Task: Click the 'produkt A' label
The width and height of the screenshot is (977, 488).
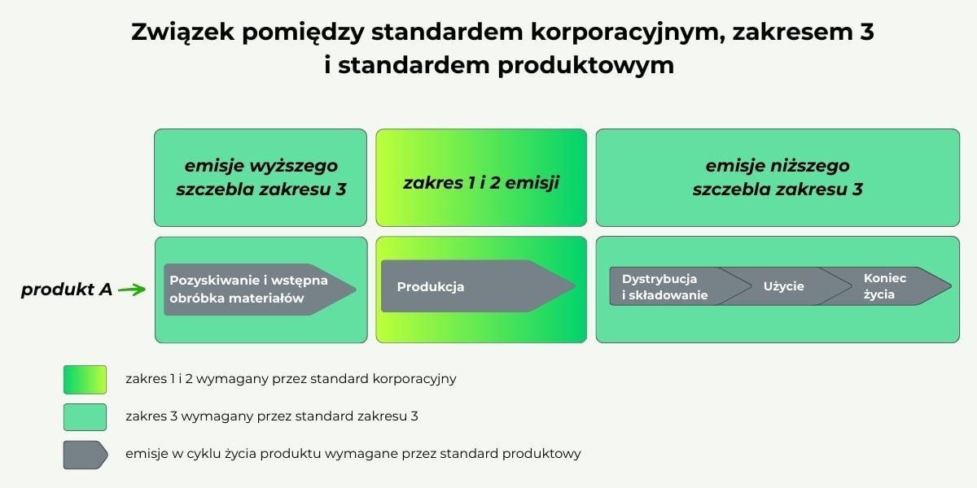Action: point(67,290)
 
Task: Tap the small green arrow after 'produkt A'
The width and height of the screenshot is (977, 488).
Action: point(132,290)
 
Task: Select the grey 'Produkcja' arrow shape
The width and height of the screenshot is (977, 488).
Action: point(478,286)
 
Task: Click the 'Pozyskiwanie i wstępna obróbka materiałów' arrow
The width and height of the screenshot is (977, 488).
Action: point(260,290)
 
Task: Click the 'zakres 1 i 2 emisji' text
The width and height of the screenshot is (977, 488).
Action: point(481,182)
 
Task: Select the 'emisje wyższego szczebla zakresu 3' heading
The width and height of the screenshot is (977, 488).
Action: point(261,177)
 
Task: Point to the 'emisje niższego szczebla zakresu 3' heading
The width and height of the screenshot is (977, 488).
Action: point(778,177)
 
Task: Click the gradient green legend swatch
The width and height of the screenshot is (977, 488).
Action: point(85,380)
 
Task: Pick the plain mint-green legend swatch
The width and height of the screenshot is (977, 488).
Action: point(85,417)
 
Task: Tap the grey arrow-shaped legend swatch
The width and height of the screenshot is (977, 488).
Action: point(85,455)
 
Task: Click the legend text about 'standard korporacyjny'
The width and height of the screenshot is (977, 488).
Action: point(291,379)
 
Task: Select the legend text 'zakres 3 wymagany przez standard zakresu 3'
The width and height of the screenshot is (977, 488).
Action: point(272,416)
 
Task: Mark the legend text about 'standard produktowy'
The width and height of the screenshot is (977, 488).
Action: point(353,454)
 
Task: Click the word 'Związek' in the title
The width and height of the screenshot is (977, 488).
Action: point(182,33)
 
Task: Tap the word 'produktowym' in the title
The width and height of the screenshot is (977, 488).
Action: point(585,66)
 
